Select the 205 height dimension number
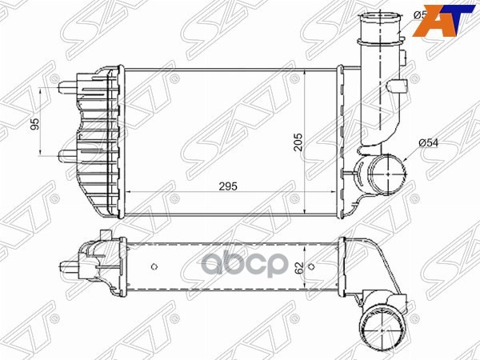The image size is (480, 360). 298,142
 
